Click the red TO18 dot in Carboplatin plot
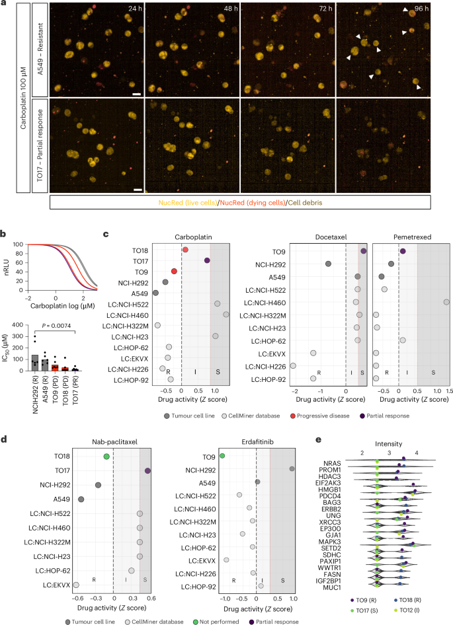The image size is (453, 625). tap(185, 250)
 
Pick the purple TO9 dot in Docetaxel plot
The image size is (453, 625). tap(364, 251)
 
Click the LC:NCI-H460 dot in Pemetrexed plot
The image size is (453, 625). tap(446, 302)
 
